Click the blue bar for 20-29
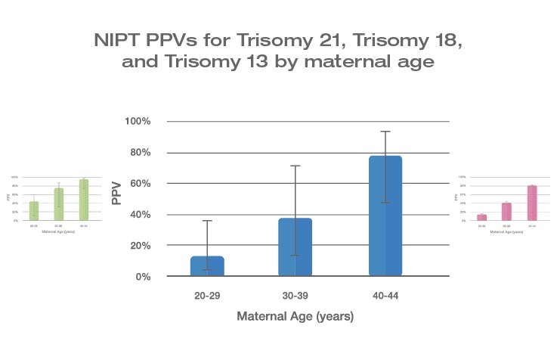coord(207,265)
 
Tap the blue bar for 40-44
coord(385,216)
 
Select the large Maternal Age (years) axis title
coord(295,317)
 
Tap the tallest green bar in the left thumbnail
coord(84,200)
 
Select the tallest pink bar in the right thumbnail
coord(532,203)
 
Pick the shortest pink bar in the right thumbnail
coord(481,217)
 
